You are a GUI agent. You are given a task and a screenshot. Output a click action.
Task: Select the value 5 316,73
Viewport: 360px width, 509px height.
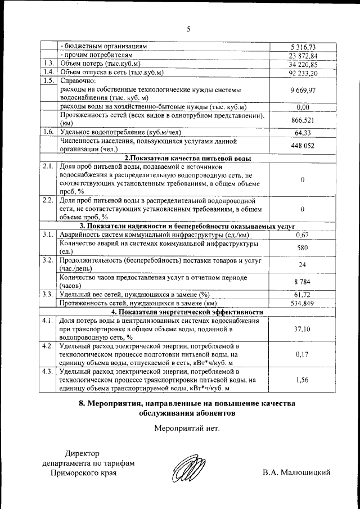coord(303,47)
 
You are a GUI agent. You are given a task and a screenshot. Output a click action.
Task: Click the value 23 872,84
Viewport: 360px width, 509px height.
coord(303,56)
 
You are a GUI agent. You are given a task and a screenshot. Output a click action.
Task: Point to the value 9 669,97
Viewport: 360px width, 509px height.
coord(303,90)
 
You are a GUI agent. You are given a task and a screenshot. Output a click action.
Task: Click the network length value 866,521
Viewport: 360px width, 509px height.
coord(303,120)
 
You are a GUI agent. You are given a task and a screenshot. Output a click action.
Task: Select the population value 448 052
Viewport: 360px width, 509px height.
coord(303,145)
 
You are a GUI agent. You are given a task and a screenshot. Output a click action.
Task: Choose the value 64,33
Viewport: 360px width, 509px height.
coord(303,133)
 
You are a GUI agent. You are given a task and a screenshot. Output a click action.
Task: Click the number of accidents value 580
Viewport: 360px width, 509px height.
coord(303,247)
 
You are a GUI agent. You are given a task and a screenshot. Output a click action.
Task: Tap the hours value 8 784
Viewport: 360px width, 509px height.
coord(303,281)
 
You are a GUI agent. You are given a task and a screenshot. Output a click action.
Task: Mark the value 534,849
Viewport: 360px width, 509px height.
coord(303,303)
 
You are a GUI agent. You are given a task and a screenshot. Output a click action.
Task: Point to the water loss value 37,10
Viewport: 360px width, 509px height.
coord(303,329)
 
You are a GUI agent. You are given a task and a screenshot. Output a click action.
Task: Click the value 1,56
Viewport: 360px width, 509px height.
coord(303,381)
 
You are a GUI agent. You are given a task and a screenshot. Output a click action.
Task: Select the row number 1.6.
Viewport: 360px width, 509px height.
coord(48,132)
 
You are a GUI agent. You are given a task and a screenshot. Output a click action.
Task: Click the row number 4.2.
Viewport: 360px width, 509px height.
coord(48,345)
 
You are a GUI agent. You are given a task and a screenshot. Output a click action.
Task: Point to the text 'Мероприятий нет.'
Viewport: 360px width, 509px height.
coord(187,428)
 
